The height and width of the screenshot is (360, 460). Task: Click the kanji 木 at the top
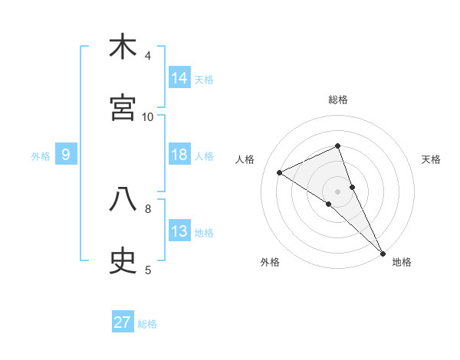tap(123, 47)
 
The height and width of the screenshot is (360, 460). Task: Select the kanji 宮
tap(123, 108)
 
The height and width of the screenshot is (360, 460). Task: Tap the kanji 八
tap(123, 200)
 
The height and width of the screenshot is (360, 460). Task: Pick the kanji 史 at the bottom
tap(123, 261)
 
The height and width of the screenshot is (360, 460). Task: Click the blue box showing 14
tap(179, 78)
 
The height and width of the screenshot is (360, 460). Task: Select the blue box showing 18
tap(179, 155)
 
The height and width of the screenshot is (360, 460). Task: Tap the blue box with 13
tap(179, 231)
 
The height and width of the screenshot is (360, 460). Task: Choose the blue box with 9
tap(66, 155)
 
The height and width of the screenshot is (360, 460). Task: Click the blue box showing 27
tap(123, 322)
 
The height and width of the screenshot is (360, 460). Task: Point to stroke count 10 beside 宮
tap(148, 116)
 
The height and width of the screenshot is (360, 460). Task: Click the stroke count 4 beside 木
tap(148, 56)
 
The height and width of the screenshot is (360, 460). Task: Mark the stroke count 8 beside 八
tap(148, 208)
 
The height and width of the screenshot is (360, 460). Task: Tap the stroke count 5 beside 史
tap(148, 270)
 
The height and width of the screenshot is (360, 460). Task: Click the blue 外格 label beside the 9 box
tap(41, 156)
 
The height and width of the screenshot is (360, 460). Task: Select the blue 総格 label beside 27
tap(147, 324)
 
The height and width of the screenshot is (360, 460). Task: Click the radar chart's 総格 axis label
tap(338, 100)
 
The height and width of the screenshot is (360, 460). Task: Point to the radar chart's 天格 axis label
tap(432, 159)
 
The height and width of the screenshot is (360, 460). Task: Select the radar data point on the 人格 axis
tap(280, 172)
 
